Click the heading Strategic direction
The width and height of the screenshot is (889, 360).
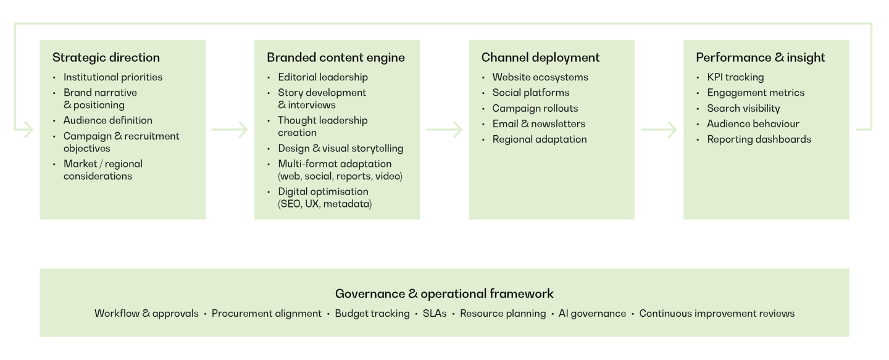coord(106,57)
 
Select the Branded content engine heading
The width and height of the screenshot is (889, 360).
coord(336,57)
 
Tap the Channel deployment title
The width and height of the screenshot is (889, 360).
coord(540,57)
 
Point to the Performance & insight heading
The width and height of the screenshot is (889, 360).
coord(760,57)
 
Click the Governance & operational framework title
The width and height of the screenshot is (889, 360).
coord(444,294)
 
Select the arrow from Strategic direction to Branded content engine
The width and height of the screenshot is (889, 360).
coord(230,130)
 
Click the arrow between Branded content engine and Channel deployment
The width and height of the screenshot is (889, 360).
coord(444,130)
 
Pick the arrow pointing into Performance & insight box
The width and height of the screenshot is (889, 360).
coord(659,130)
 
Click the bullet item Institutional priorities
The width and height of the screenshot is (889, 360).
coord(113,77)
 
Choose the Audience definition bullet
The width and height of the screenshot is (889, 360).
coord(107,120)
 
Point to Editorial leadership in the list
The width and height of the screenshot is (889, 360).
coord(323,77)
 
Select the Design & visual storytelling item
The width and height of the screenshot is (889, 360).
coord(340,148)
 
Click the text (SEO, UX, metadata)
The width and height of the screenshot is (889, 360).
coord(325,204)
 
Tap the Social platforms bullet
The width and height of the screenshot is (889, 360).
coord(530,93)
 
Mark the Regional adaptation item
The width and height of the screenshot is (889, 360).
coord(539,139)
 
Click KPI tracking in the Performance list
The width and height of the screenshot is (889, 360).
coord(735,77)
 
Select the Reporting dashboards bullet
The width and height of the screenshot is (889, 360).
coord(759,139)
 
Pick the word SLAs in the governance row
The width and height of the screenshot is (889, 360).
coord(435,314)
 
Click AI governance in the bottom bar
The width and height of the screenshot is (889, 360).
coord(592,314)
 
